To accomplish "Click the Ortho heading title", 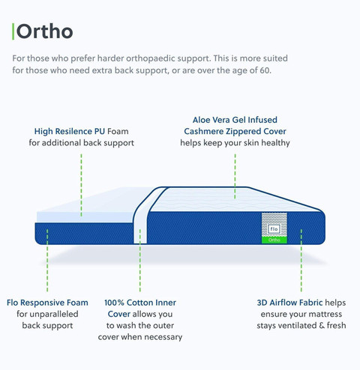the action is coord(44,31).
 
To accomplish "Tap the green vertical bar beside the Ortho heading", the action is coord(13,31).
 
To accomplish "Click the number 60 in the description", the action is coord(265,70).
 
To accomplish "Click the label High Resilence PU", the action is coord(70,131).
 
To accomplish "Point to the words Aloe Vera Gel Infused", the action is coord(235,120).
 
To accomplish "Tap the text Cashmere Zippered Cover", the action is coord(235,131).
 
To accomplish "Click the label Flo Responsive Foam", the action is coord(47,303).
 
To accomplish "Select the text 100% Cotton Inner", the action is coord(140,303).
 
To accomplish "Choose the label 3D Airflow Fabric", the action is coord(289,303).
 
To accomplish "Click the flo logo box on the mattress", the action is coord(274,229).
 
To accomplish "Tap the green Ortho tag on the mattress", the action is coord(274,240).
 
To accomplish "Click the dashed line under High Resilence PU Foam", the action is coord(81,185).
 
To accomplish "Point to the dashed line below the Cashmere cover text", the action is coord(235,176).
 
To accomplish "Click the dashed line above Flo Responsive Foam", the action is coord(47,261).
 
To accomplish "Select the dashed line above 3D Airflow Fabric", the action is coord(301,261).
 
